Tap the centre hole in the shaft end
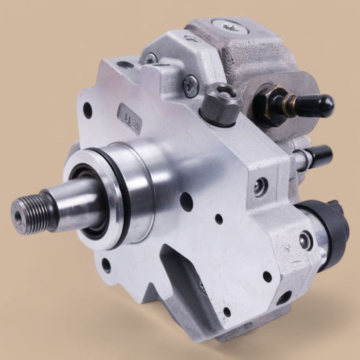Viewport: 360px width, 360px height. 20,211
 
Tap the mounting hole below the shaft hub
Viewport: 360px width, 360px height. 106,267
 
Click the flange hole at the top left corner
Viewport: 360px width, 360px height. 125,64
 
